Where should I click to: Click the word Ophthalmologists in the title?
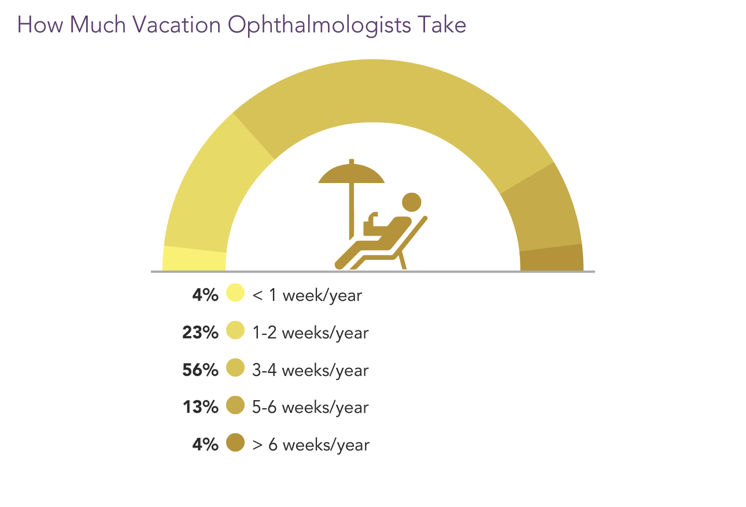coord(319,25)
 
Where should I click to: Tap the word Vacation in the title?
coord(176,25)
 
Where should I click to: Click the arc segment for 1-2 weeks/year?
coord(213,186)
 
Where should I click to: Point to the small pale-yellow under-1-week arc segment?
coord(194,259)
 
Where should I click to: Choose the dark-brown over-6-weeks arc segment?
coord(552,258)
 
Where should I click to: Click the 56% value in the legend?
coord(200,370)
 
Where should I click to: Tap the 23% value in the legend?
coord(200,332)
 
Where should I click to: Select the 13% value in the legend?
coord(201,407)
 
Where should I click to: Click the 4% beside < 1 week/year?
coord(205,295)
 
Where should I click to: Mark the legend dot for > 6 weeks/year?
coord(235,442)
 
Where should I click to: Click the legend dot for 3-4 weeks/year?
coord(235,367)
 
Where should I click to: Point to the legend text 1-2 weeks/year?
coord(311,333)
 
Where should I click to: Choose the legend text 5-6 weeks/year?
coord(311,408)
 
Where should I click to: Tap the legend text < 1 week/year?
coord(307,296)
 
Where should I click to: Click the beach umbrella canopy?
coord(352,173)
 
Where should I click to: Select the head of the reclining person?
coord(412,202)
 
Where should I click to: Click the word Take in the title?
coord(442,25)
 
